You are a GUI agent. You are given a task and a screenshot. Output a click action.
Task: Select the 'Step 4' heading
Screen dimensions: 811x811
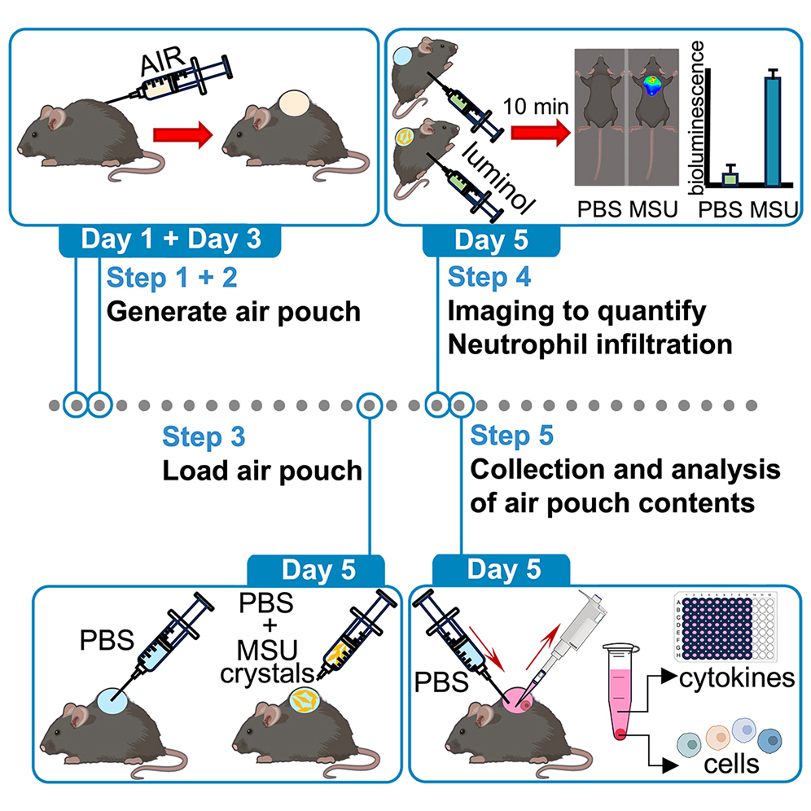tap(489, 277)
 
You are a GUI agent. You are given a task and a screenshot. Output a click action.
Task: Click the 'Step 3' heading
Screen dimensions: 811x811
tap(204, 436)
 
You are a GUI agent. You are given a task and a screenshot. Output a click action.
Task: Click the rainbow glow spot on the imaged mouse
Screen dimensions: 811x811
tap(652, 86)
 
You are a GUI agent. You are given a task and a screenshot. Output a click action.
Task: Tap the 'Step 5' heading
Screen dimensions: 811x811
tap(512, 436)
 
